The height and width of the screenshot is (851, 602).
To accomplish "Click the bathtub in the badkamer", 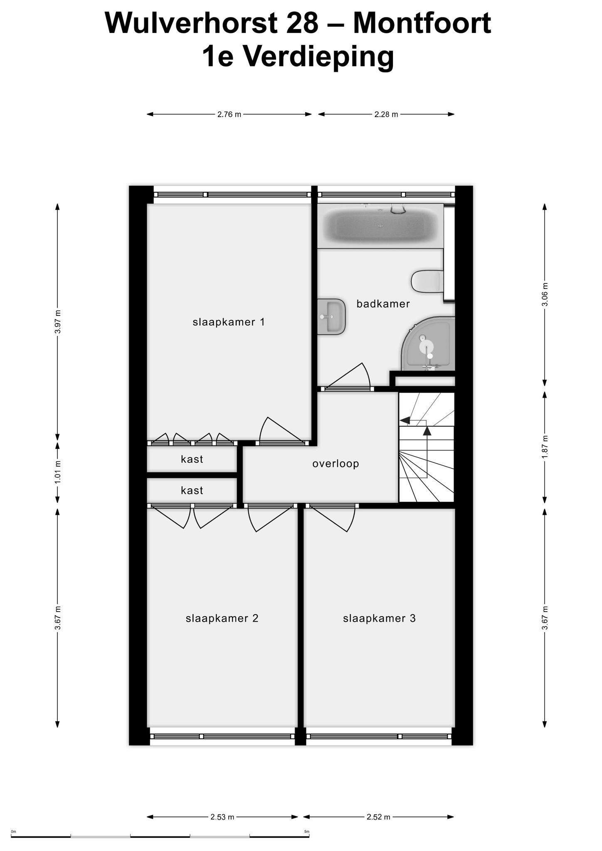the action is pyautogui.click(x=380, y=226).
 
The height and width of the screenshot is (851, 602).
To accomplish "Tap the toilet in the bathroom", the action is pyautogui.click(x=427, y=282).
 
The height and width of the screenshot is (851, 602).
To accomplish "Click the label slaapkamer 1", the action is pyautogui.click(x=229, y=322).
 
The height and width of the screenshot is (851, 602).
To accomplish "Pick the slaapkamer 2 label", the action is pyautogui.click(x=222, y=618).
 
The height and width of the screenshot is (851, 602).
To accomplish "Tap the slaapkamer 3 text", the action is pyautogui.click(x=379, y=618).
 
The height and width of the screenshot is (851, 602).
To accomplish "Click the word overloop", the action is pyautogui.click(x=336, y=464).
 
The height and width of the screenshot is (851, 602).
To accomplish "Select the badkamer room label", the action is pyautogui.click(x=383, y=304).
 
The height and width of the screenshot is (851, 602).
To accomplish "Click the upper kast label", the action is pyautogui.click(x=192, y=459).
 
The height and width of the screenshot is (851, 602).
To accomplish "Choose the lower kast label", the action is pyautogui.click(x=192, y=490).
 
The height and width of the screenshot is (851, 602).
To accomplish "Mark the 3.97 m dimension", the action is pyautogui.click(x=58, y=322).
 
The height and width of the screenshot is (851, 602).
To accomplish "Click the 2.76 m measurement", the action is pyautogui.click(x=229, y=114).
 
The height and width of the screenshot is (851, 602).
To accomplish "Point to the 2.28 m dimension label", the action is pyautogui.click(x=386, y=114).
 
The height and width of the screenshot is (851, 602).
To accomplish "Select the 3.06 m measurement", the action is pyautogui.click(x=545, y=295).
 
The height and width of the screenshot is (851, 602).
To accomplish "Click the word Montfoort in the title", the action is pyautogui.click(x=422, y=23).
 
